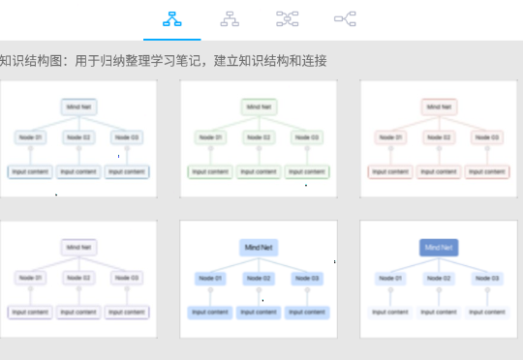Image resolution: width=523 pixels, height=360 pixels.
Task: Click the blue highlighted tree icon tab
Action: (x=172, y=17)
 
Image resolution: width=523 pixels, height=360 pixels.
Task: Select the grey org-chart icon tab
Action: (x=230, y=17)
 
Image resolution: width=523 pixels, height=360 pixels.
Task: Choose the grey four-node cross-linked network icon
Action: (x=287, y=17)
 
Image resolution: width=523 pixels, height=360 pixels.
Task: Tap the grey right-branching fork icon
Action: (x=344, y=17)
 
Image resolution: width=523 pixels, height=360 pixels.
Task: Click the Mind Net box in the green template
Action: (x=259, y=106)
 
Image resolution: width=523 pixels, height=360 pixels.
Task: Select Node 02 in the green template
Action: (x=259, y=137)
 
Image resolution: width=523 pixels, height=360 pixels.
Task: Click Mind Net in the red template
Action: (x=439, y=106)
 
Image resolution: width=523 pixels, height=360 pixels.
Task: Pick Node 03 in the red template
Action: (x=487, y=137)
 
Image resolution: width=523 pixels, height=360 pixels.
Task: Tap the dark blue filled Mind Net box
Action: (x=439, y=248)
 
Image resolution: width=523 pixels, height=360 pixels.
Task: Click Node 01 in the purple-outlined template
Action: (x=30, y=279)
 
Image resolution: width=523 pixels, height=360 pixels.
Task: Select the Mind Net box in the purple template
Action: (x=78, y=248)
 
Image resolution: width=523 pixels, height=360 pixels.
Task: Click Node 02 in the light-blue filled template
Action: (x=259, y=279)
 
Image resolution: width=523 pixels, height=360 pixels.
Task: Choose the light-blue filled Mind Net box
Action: (x=259, y=248)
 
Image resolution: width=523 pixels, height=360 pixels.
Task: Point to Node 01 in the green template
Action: (x=210, y=137)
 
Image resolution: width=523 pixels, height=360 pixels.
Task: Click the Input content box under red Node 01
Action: (x=390, y=172)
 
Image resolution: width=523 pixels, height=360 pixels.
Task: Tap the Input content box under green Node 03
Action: (x=307, y=172)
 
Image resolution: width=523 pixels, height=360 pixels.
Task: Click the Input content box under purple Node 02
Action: (x=78, y=313)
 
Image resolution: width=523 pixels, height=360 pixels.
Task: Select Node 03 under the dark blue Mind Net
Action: (x=487, y=279)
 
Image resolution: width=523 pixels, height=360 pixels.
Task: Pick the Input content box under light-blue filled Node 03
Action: (x=307, y=313)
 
